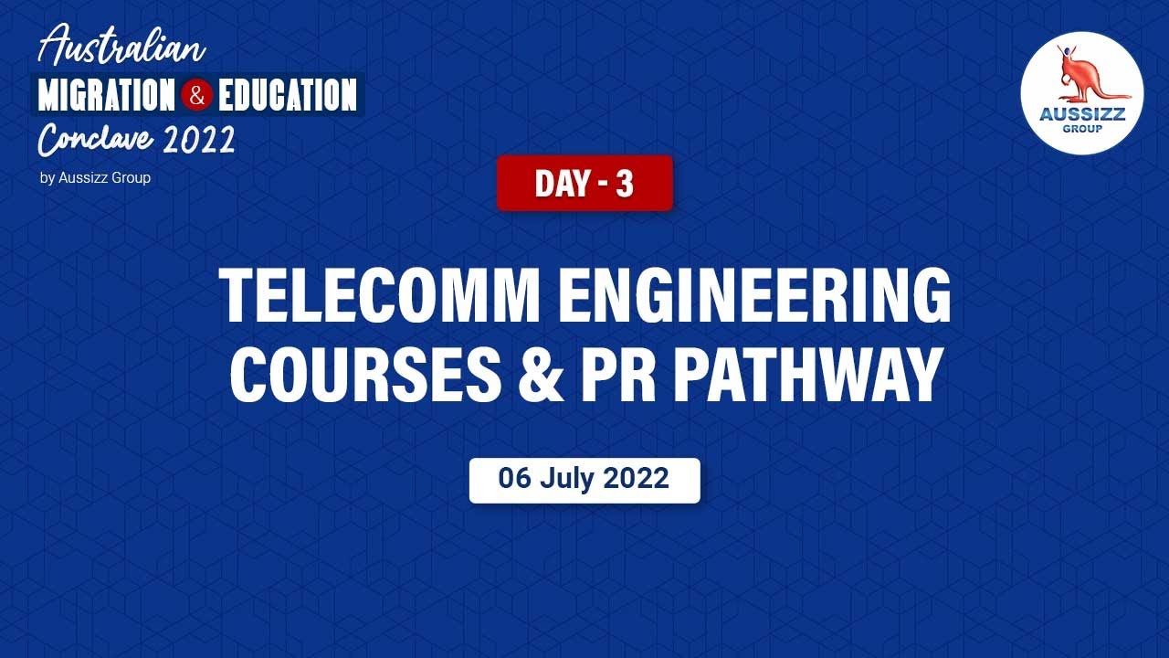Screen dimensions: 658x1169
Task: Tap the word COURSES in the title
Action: click(365, 374)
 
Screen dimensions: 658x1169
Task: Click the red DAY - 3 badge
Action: click(584, 183)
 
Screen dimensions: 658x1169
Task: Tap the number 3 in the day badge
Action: click(625, 184)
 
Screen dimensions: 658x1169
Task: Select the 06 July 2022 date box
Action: click(584, 480)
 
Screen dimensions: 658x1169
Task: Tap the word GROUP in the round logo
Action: click(1082, 129)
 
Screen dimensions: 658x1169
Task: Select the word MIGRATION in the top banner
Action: click(106, 95)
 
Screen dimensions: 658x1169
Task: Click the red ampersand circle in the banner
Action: click(196, 95)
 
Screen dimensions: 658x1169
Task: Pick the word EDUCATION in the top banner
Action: click(287, 95)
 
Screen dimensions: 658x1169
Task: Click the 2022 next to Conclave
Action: click(200, 140)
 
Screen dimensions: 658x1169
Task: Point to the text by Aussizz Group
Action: click(95, 178)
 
